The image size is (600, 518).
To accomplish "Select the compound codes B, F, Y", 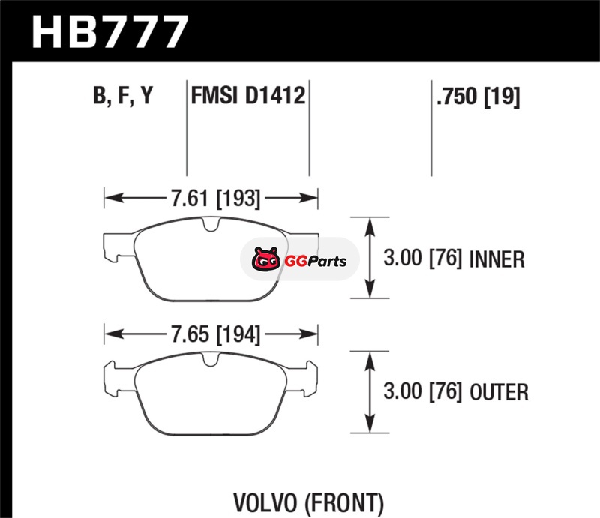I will (123, 97).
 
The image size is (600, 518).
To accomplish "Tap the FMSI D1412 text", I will (248, 97).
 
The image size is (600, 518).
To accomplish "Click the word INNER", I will (496, 260).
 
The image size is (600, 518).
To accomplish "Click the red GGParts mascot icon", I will (263, 260).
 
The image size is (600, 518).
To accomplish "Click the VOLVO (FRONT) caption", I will (309, 501).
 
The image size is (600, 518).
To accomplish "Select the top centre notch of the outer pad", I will (211, 361).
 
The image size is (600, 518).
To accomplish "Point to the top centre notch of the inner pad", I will (210, 224).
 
